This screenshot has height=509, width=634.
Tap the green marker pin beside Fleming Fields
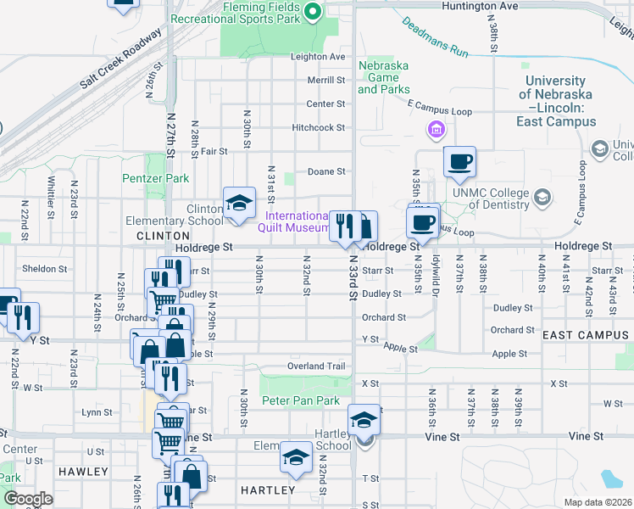(311, 11)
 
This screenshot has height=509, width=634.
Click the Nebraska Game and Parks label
(383, 77)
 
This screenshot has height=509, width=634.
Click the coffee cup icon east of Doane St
(459, 162)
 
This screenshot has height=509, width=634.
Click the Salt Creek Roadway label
(120, 60)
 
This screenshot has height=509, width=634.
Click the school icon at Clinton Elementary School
(239, 203)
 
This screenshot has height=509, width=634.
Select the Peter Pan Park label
(300, 400)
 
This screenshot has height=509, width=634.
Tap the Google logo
(28, 499)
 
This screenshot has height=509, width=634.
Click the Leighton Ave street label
(318, 57)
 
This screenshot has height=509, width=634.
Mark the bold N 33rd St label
(350, 280)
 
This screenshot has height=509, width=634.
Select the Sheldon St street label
(45, 269)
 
